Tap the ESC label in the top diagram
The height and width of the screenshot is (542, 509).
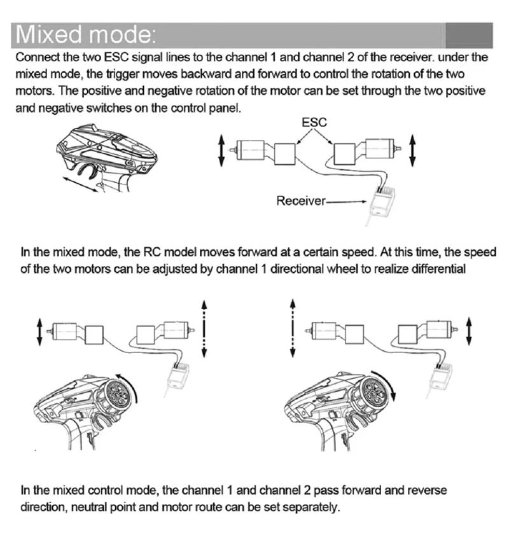tap(314, 122)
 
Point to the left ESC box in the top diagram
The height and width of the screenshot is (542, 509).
tap(285, 153)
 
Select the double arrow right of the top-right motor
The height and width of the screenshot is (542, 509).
tap(412, 149)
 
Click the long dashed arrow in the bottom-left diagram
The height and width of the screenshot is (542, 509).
tap(204, 329)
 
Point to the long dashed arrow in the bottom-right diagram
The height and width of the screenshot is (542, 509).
tap(292, 329)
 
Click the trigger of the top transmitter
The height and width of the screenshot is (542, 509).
tap(86, 170)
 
